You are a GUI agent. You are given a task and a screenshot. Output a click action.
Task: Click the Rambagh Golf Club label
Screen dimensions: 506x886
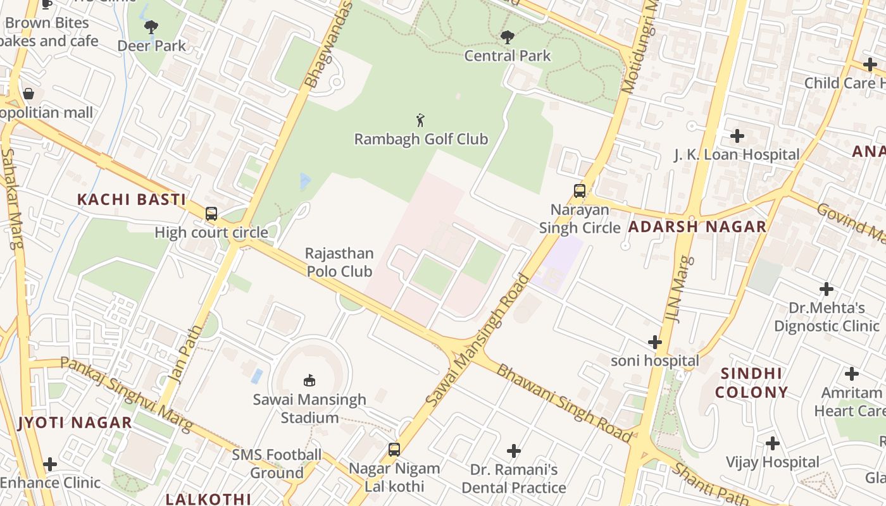click(421, 139)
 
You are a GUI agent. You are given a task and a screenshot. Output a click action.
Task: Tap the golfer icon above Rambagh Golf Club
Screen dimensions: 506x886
click(420, 120)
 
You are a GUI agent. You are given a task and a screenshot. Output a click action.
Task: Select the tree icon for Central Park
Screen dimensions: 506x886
click(507, 37)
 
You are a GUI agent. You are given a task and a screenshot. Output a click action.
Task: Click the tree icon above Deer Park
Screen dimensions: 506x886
click(151, 27)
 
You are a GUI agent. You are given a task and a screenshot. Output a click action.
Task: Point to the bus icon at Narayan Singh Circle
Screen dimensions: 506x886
click(579, 190)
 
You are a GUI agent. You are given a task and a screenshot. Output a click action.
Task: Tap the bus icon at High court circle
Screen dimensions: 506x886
click(211, 214)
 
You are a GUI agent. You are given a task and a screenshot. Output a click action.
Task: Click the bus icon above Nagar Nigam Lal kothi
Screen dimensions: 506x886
click(394, 450)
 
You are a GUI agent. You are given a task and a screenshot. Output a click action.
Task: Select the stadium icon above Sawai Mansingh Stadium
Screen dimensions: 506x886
click(309, 380)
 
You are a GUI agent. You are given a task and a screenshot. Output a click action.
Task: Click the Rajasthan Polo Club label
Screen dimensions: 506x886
click(339, 262)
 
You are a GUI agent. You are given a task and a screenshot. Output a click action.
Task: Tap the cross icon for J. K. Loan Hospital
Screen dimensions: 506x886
click(737, 135)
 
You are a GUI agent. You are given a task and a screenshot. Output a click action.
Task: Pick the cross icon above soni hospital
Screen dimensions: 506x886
click(655, 342)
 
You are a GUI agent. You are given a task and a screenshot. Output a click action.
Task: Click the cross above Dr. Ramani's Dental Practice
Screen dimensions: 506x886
click(514, 451)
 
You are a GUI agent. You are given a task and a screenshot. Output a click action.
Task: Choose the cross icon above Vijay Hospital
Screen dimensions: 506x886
click(772, 443)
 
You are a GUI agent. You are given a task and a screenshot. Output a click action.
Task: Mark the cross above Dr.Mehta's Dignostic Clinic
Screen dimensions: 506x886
click(826, 289)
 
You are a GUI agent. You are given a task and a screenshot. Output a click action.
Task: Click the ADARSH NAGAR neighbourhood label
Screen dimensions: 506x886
click(697, 226)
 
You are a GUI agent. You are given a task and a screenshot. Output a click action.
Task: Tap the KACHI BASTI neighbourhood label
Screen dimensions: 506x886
click(131, 200)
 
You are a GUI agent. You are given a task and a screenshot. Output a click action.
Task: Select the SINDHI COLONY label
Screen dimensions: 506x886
click(751, 383)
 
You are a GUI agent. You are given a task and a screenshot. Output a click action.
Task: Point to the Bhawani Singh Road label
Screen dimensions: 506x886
click(563, 403)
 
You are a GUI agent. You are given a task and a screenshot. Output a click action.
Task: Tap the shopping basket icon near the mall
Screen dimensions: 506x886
click(28, 94)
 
